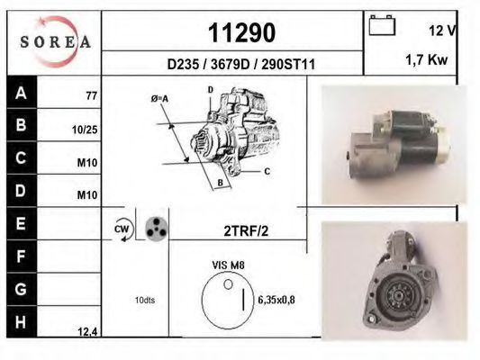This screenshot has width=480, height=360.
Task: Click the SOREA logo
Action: pyautogui.click(x=55, y=41)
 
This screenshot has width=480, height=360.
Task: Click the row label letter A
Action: pyautogui.click(x=21, y=94)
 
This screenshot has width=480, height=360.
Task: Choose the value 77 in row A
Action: pyautogui.click(x=91, y=94)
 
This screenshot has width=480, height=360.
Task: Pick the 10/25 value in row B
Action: pyautogui.click(x=85, y=129)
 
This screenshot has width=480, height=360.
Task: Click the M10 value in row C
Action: pyautogui.click(x=86, y=164)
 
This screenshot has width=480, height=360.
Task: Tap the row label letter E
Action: pyautogui.click(x=21, y=221)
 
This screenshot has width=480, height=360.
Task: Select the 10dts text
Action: pyautogui.click(x=145, y=300)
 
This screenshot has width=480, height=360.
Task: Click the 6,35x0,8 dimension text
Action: pyautogui.click(x=277, y=300)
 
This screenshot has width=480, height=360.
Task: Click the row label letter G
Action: pyautogui.click(x=21, y=290)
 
